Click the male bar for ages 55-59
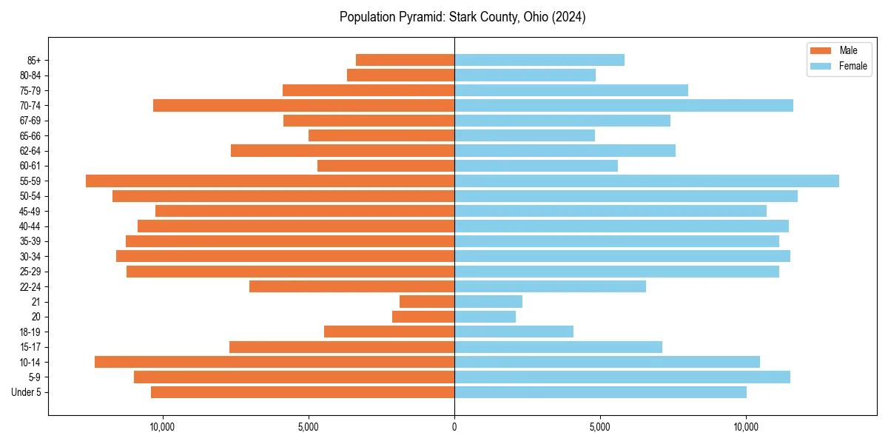(x=270, y=181)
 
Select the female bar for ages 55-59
(x=646, y=181)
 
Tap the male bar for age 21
(x=427, y=301)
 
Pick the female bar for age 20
(x=485, y=317)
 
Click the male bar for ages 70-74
(x=303, y=105)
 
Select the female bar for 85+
(x=539, y=60)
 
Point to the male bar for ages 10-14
(x=275, y=362)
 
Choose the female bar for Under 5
(x=600, y=392)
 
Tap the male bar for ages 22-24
(x=351, y=286)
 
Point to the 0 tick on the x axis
(x=454, y=426)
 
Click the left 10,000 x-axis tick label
(x=162, y=426)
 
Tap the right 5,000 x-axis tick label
(x=600, y=426)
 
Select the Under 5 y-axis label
(x=26, y=392)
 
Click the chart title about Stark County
(x=462, y=17)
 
